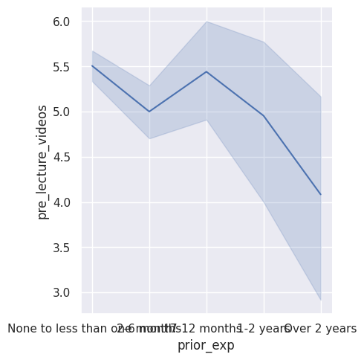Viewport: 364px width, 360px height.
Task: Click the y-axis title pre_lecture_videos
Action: click(43, 161)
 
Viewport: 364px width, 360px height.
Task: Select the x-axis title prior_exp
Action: click(206, 345)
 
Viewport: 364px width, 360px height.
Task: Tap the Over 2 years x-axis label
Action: click(320, 328)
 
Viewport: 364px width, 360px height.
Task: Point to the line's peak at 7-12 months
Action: click(207, 71)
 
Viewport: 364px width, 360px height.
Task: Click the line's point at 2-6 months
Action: click(149, 112)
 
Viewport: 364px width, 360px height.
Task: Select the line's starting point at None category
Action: click(92, 65)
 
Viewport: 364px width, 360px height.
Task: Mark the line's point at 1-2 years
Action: click(264, 116)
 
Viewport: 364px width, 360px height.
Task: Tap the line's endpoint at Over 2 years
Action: click(320, 194)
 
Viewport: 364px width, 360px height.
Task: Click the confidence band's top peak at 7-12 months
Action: click(207, 22)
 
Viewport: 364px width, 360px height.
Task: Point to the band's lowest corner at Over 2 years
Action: click(320, 300)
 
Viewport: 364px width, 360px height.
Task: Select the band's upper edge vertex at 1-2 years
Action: click(264, 42)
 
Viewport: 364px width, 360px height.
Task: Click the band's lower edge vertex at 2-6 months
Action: click(149, 138)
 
